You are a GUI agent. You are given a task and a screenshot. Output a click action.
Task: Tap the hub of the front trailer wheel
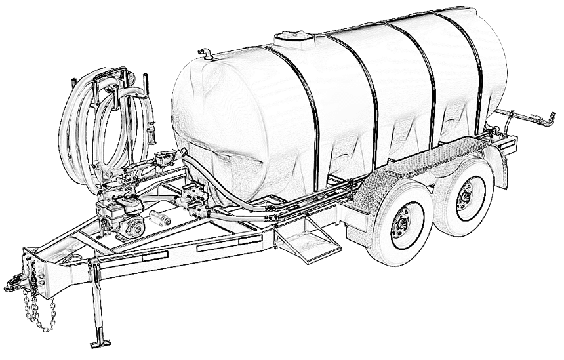click(401, 224)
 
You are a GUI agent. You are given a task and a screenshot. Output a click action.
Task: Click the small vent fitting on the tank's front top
click(206, 54)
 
